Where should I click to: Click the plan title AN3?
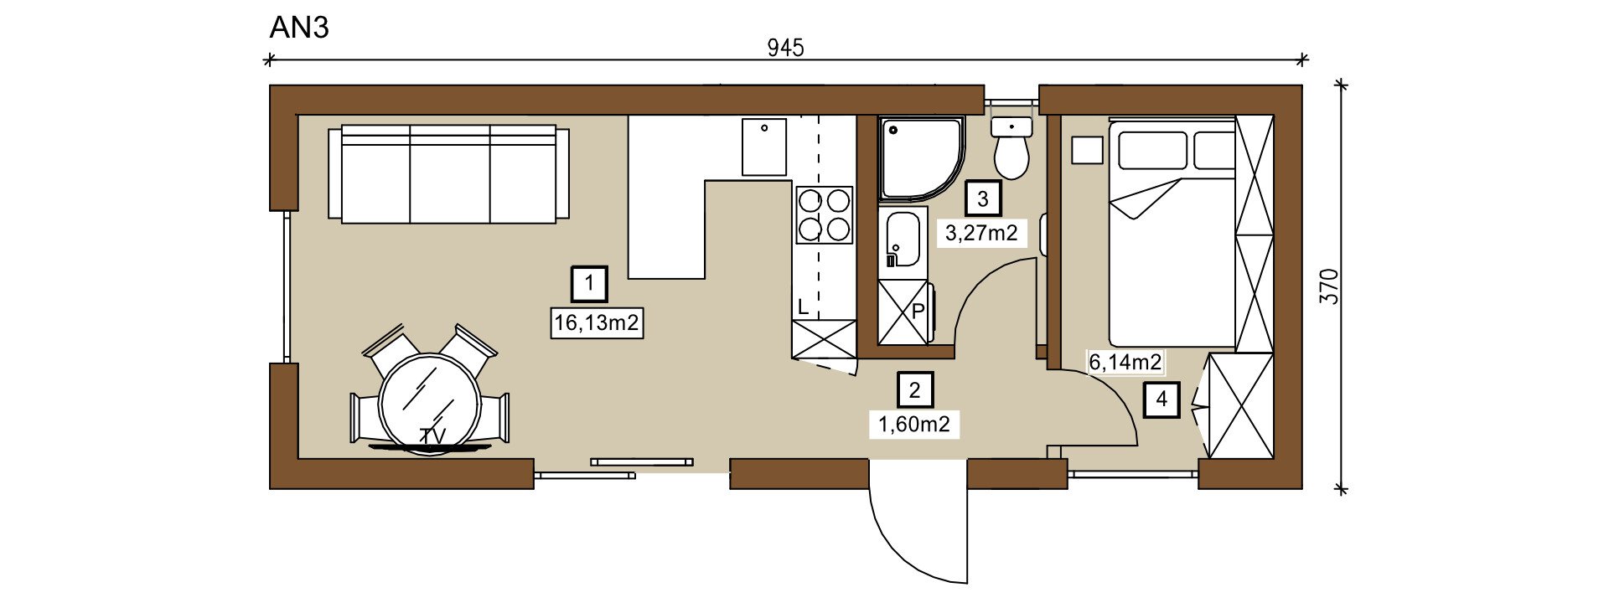[299, 28]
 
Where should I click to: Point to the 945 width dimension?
[786, 49]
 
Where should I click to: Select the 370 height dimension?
[1330, 286]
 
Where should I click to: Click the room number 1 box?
[590, 283]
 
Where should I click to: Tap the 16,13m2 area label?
[597, 322]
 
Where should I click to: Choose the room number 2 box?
[915, 389]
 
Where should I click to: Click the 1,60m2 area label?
[914, 425]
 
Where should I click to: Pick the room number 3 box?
[983, 198]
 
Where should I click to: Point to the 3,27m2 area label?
[981, 233]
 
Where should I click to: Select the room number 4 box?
[1161, 399]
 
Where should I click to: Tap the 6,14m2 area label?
[1125, 363]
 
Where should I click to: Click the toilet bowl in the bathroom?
[1011, 149]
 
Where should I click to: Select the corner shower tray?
[920, 159]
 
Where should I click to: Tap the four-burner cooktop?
[825, 214]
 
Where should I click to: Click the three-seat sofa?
[449, 174]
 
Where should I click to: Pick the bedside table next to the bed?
[1088, 150]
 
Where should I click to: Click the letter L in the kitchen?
[803, 307]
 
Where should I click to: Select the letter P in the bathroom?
[918, 311]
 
